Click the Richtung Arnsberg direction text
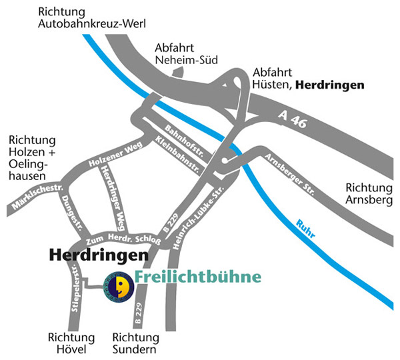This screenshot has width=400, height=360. point(367,193)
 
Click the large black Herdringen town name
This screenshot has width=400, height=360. point(98,256)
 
